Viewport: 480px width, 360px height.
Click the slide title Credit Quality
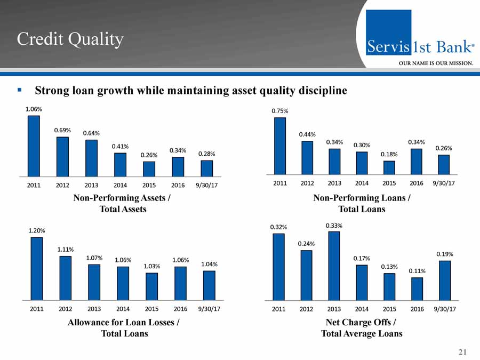click(x=70, y=39)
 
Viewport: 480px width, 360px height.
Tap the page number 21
click(x=462, y=351)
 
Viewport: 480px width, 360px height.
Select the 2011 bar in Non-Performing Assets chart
click(x=34, y=146)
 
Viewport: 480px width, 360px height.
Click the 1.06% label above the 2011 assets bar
click(x=34, y=109)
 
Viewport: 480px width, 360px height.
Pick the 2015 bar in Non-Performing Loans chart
click(x=389, y=167)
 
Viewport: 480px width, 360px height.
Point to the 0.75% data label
click(x=280, y=111)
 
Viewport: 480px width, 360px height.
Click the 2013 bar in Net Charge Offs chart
click(x=334, y=266)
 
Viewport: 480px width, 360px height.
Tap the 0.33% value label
click(x=334, y=226)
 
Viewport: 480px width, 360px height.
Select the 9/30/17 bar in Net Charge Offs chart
click(x=445, y=280)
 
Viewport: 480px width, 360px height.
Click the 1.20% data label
click(x=37, y=230)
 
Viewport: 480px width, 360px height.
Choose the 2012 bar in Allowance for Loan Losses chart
click(x=66, y=278)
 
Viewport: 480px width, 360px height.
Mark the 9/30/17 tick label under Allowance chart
click(x=209, y=309)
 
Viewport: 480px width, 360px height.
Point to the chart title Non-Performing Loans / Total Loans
click(x=362, y=204)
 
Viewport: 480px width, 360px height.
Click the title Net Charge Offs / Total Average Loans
click(x=361, y=328)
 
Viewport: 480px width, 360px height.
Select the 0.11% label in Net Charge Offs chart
click(x=417, y=271)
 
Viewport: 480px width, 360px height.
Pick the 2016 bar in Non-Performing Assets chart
click(x=178, y=166)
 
